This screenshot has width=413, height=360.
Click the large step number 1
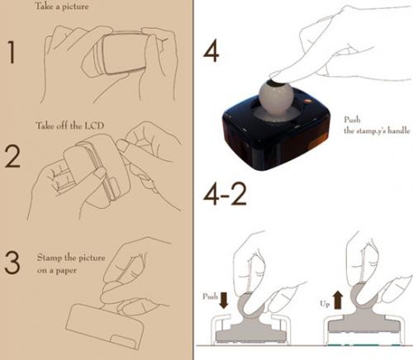click(x=12, y=52)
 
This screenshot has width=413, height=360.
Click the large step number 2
click(x=12, y=156)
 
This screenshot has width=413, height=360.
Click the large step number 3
click(x=12, y=263)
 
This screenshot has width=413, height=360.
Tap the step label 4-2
click(x=225, y=194)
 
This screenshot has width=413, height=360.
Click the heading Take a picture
click(x=62, y=6)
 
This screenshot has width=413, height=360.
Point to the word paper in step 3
click(x=66, y=271)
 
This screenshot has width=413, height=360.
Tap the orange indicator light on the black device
click(x=308, y=102)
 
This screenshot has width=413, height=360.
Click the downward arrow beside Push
click(x=224, y=301)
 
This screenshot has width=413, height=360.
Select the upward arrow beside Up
click(x=338, y=301)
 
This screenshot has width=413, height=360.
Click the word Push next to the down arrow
click(x=210, y=296)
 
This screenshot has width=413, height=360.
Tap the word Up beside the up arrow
click(x=325, y=304)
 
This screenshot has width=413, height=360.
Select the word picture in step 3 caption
click(x=92, y=258)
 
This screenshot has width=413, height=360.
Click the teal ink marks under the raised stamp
click(x=363, y=345)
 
